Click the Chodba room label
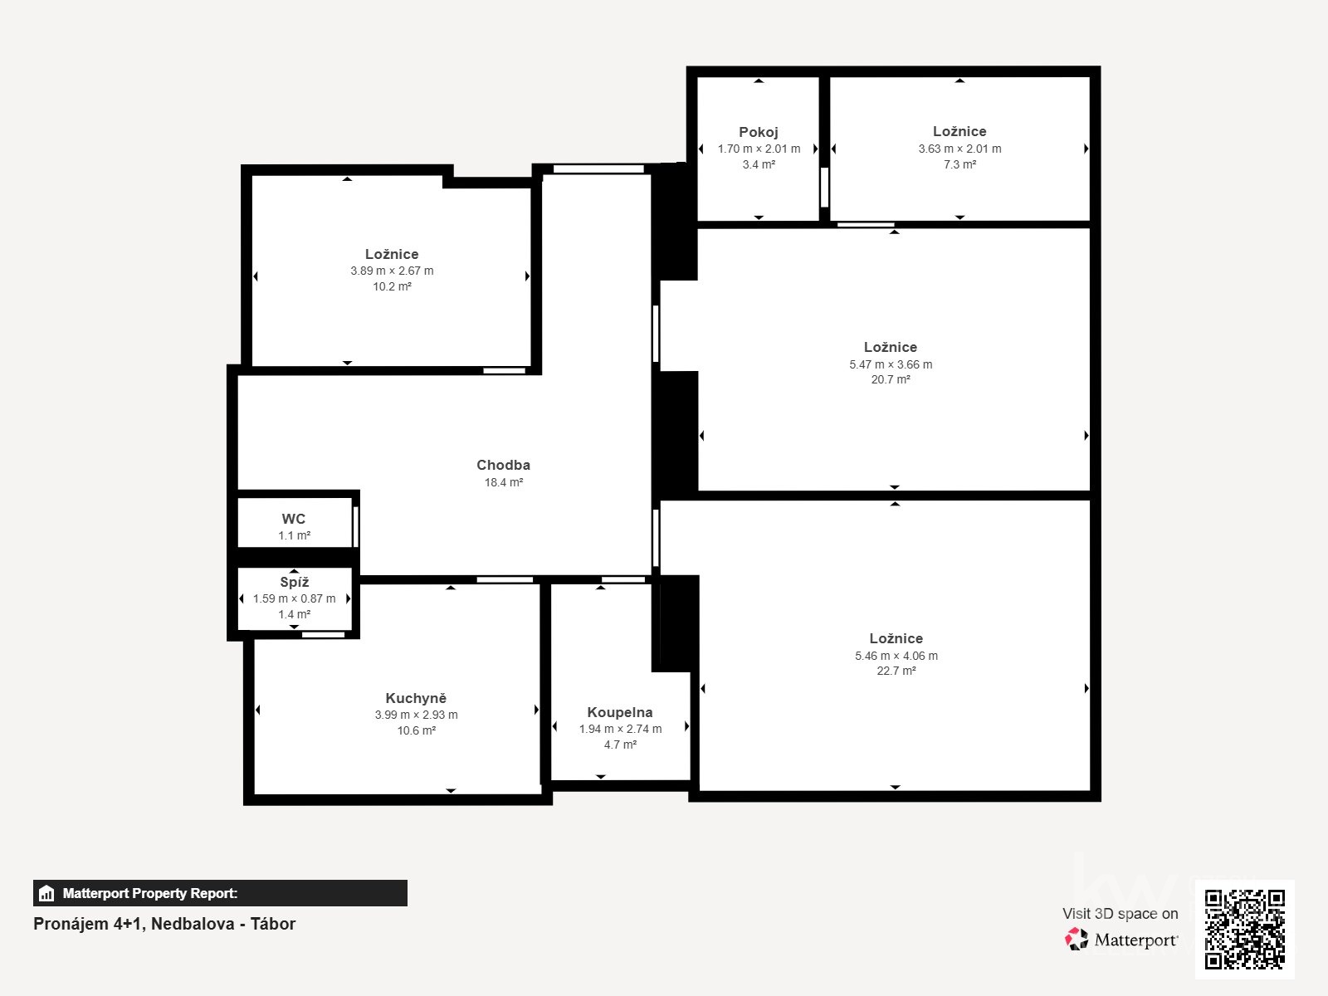(503, 465)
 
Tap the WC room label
(294, 519)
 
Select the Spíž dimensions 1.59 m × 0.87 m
(295, 598)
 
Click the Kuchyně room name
(416, 698)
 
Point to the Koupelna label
(620, 712)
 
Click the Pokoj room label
(759, 132)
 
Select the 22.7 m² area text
(896, 671)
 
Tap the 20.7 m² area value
(891, 379)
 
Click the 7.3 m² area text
(959, 164)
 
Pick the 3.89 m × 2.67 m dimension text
(392, 271)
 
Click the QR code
(1244, 929)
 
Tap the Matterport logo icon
(1077, 939)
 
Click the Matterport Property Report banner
(220, 893)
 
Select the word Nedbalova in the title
(192, 924)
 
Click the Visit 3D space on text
(1120, 913)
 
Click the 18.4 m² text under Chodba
(503, 482)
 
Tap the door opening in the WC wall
(355, 526)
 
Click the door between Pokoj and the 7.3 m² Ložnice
(824, 187)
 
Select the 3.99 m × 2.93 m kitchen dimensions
(416, 715)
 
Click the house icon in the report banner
(46, 894)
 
